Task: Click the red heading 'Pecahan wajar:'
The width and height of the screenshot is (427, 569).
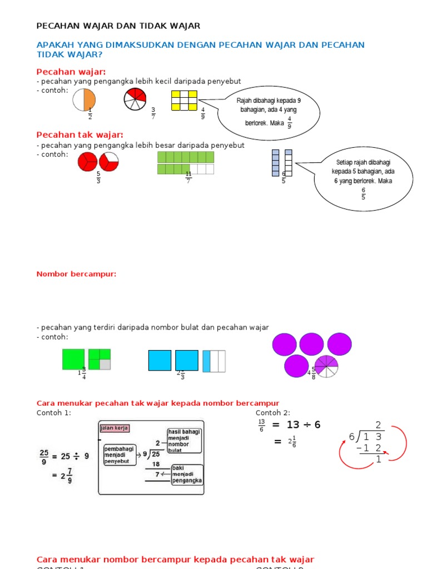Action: (x=71, y=72)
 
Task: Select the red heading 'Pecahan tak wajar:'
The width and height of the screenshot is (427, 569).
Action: (x=80, y=135)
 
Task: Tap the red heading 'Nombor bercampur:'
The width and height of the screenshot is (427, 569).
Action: (x=76, y=274)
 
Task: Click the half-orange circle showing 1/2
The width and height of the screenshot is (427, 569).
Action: (x=84, y=101)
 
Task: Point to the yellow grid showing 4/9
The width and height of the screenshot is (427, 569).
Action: (x=184, y=101)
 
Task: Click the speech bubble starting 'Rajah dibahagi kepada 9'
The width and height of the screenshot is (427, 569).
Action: (x=269, y=111)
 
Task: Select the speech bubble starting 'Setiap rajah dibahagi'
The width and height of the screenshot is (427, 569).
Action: (x=363, y=178)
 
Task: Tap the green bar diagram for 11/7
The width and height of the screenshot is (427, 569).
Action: (x=186, y=163)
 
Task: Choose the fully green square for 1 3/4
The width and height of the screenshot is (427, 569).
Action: (x=73, y=360)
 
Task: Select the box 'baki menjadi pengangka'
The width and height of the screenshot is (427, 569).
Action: (x=187, y=474)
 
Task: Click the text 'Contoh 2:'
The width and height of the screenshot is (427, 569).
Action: (x=272, y=413)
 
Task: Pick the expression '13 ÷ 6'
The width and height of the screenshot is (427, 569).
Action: (x=304, y=425)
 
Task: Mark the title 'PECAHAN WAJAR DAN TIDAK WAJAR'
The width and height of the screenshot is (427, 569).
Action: (x=118, y=26)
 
